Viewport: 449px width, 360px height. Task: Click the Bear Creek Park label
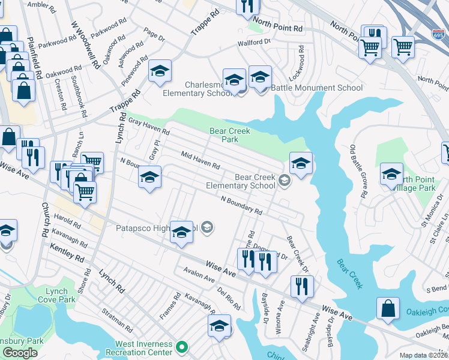(x=229, y=135)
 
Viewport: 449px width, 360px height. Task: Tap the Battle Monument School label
(x=317, y=88)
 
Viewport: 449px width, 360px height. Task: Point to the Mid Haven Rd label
(x=200, y=159)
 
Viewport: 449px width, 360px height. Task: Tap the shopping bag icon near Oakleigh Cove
(x=388, y=308)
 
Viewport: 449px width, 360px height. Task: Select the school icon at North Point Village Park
(x=391, y=174)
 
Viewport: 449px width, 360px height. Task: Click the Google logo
(x=20, y=353)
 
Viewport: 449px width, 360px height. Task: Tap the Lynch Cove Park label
(x=61, y=295)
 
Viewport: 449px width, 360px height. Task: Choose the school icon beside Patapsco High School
(x=181, y=233)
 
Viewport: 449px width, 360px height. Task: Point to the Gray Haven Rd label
(x=149, y=127)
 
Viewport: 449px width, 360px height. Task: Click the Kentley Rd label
(x=67, y=253)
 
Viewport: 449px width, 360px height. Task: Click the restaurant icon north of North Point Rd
(x=247, y=6)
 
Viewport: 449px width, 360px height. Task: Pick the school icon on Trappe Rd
(x=160, y=71)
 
